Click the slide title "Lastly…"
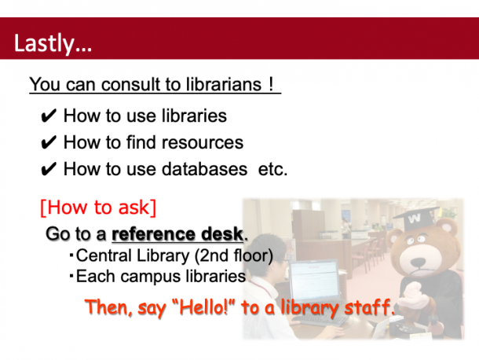pos(53,43)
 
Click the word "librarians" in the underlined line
pos(224,84)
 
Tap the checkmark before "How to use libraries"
pos(48,116)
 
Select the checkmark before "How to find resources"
pos(48,142)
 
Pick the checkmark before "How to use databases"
pos(48,169)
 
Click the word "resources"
pos(203,142)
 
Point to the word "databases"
pos(204,169)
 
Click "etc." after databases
pos(272,169)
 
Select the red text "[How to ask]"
pos(98,208)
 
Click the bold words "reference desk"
pos(177,234)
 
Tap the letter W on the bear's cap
pos(415,219)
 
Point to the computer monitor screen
pos(314,280)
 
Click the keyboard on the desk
pos(320,320)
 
